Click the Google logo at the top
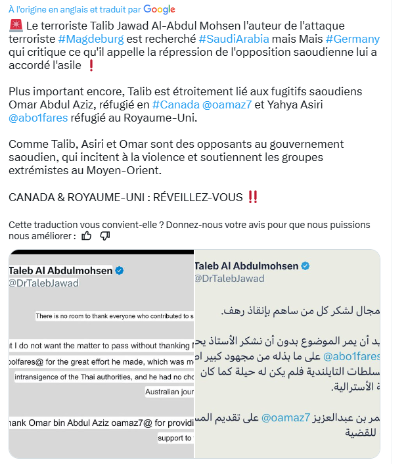point(159,9)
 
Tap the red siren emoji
point(16,26)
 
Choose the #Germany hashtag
point(352,39)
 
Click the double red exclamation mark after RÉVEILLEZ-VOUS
point(252,197)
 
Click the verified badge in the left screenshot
point(120,271)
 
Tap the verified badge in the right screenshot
point(305,266)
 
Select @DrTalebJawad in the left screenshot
point(43,283)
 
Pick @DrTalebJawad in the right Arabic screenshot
point(229,278)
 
